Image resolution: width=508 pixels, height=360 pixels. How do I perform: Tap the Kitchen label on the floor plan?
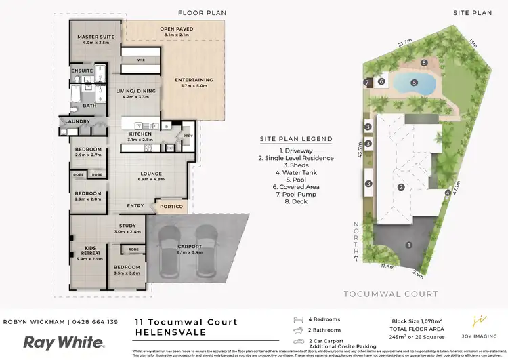[x=140, y=134]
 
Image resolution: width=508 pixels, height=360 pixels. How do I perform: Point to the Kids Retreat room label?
[x=87, y=249]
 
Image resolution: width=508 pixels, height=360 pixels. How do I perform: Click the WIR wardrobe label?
[x=141, y=60]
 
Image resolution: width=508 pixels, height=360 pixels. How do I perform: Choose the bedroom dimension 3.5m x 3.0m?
[x=127, y=275]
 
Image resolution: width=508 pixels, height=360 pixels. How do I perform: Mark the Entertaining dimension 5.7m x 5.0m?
[x=194, y=87]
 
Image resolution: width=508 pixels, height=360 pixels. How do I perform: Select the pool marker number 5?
[x=413, y=83]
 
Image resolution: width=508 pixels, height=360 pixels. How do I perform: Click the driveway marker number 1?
[x=408, y=245]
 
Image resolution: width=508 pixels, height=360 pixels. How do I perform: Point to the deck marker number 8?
[x=424, y=63]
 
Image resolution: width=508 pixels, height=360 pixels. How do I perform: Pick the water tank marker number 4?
[x=448, y=193]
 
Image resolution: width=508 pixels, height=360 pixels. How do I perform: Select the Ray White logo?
[x=64, y=342]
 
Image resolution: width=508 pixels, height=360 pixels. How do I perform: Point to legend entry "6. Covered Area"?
[x=296, y=186]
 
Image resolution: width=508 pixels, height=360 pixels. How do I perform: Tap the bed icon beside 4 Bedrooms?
[x=297, y=319]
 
